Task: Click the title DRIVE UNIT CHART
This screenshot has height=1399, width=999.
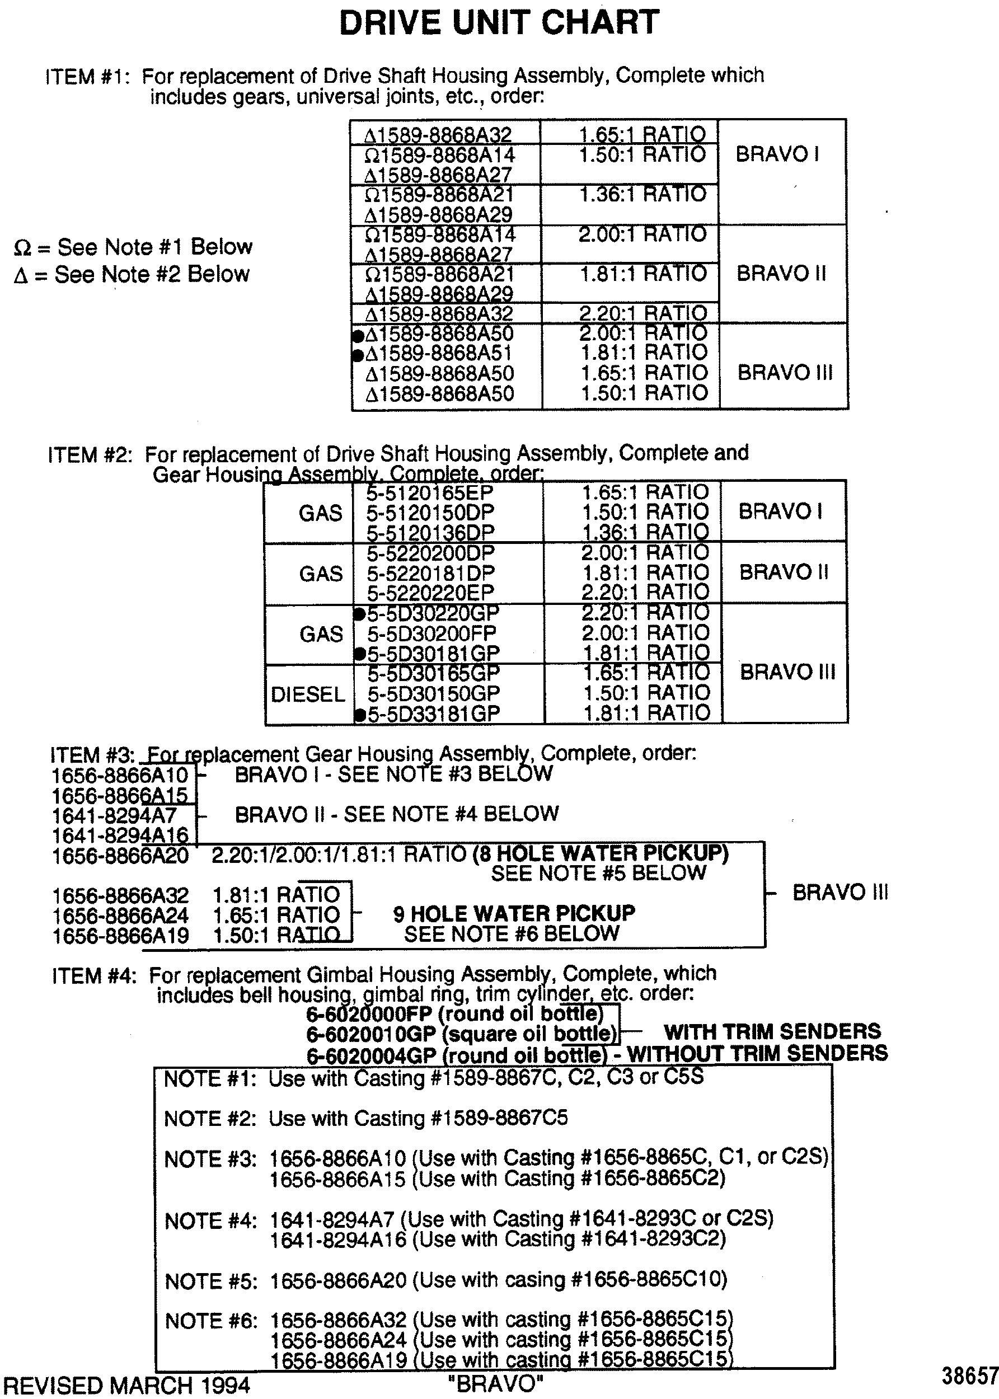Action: (x=499, y=23)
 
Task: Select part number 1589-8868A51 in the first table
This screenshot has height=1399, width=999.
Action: (x=439, y=354)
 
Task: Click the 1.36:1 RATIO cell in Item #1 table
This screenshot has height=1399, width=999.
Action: (x=643, y=194)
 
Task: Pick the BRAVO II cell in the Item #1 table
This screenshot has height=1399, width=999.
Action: (x=781, y=273)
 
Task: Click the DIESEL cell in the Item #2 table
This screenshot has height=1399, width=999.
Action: (x=308, y=694)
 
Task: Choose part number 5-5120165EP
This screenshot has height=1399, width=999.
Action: (x=430, y=492)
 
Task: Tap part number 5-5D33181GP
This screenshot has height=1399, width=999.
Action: (x=434, y=713)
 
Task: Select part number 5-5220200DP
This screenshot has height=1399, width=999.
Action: (x=430, y=553)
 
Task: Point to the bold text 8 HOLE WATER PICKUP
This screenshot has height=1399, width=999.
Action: (x=601, y=853)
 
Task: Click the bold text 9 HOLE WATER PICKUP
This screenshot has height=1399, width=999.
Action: (x=514, y=913)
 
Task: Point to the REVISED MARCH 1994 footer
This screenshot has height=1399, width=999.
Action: (x=126, y=1386)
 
